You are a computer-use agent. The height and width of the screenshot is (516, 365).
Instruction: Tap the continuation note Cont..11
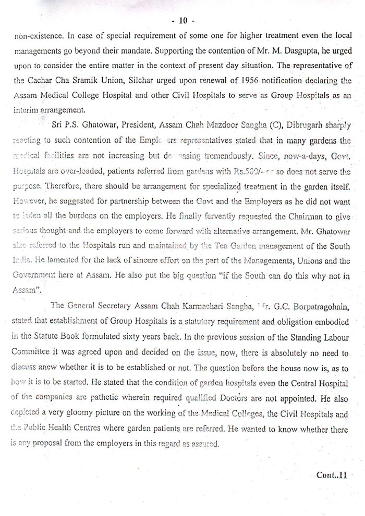click(331, 475)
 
